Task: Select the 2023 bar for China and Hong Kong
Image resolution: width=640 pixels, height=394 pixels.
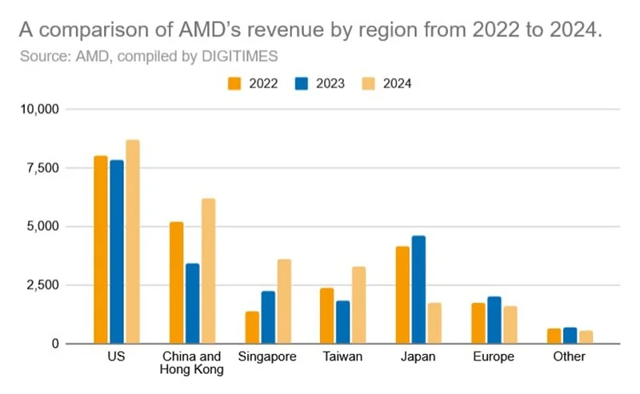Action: [x=192, y=304]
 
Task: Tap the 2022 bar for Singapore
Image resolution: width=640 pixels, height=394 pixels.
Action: [x=252, y=328]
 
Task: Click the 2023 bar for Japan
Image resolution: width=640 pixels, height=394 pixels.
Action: [x=419, y=290]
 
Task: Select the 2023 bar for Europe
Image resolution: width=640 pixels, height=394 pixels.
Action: [x=494, y=320]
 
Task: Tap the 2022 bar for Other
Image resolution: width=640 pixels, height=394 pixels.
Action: [x=554, y=336]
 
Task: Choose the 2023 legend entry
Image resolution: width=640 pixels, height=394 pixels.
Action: [x=320, y=83]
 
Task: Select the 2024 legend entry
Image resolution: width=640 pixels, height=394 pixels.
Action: [x=386, y=83]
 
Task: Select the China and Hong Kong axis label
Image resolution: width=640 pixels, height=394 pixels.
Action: [x=192, y=363]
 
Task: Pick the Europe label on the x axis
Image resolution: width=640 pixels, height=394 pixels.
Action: [x=494, y=356]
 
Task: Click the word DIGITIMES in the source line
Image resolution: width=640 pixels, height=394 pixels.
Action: [x=238, y=56]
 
